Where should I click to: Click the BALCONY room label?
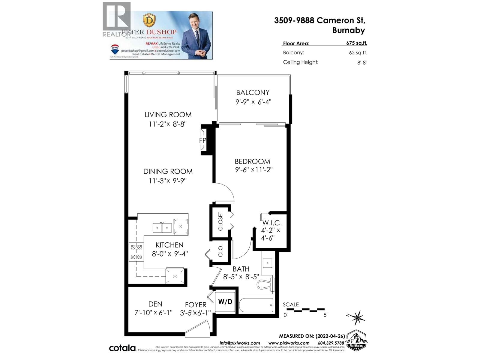click(253, 92)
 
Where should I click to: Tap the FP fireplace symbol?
click(203, 140)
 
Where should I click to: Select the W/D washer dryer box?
click(225, 301)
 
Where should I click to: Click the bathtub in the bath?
click(256, 305)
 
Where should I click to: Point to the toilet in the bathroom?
click(266, 284)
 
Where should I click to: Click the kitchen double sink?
click(162, 228)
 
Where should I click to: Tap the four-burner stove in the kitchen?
click(136, 252)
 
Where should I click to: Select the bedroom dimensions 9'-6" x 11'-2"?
click(253, 170)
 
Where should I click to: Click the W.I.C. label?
click(272, 223)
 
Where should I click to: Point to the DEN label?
click(155, 304)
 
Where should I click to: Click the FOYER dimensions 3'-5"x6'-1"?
click(195, 313)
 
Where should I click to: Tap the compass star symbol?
click(357, 317)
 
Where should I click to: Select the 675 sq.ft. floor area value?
click(356, 43)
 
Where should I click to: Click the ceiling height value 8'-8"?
click(362, 63)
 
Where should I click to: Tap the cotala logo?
click(122, 348)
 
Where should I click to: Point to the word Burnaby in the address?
click(349, 30)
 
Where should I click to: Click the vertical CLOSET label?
click(220, 221)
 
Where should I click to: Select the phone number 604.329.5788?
click(331, 343)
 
